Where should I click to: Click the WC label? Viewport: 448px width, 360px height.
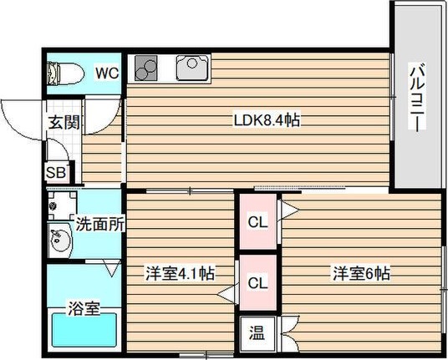pyautogui.click(x=105, y=73)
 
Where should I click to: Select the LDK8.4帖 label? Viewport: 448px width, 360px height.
pyautogui.click(x=266, y=120)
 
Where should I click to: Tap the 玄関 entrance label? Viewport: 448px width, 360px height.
pyautogui.click(x=63, y=122)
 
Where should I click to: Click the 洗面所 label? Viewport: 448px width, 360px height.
pyautogui.click(x=99, y=224)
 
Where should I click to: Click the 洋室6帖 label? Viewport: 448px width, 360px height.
pyautogui.click(x=362, y=272)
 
